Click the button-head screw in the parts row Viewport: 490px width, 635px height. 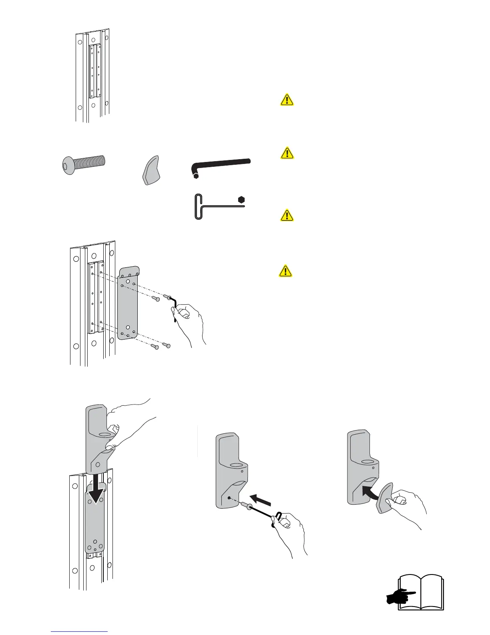pos(84,164)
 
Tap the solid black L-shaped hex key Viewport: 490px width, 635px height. pos(222,165)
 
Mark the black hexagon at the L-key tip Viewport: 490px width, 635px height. pos(196,176)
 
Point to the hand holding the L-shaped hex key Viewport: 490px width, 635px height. pos(191,321)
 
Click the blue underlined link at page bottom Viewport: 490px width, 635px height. pos(80,631)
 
